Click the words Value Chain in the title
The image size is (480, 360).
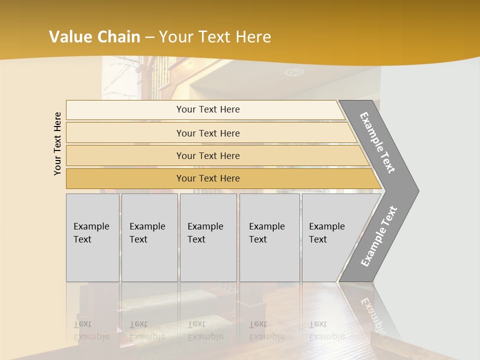[x=94, y=37]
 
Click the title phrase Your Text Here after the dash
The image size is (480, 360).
[x=215, y=37]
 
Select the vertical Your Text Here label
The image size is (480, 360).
[x=57, y=143]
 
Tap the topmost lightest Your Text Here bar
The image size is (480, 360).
[x=207, y=109]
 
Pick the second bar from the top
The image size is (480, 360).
[x=207, y=133]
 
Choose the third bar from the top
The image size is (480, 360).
[x=207, y=155]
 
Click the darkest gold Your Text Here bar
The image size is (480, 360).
[x=207, y=178]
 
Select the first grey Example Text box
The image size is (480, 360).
[x=92, y=237]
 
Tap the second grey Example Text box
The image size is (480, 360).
[x=149, y=237]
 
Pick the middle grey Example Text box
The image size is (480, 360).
[x=208, y=237]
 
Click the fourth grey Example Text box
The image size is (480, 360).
[x=269, y=237]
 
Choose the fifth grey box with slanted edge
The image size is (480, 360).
[x=330, y=237]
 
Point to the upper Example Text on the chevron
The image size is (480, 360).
[x=378, y=142]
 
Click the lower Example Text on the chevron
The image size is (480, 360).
[x=378, y=236]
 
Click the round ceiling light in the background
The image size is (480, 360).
[x=294, y=72]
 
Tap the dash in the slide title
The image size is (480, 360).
[x=149, y=37]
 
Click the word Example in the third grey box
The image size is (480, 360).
[x=205, y=226]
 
